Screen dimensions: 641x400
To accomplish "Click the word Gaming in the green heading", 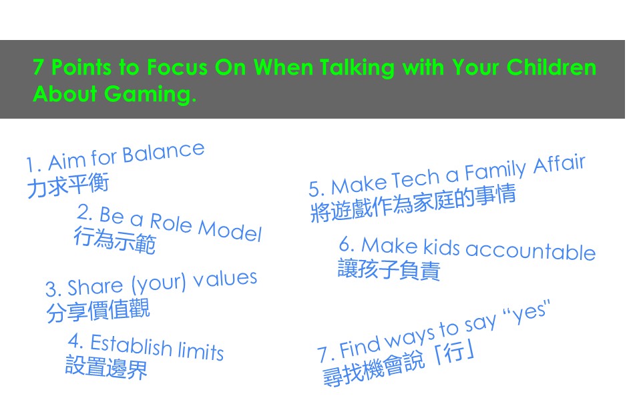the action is pyautogui.click(x=150, y=95).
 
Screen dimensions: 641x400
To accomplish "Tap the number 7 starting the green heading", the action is pyautogui.click(x=38, y=67).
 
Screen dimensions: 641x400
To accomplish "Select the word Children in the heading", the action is pyautogui.click(x=552, y=67).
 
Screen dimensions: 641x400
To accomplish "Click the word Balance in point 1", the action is pyautogui.click(x=164, y=153).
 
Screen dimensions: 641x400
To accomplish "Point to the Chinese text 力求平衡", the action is pyautogui.click(x=68, y=185).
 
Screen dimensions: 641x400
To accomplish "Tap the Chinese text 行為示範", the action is pyautogui.click(x=115, y=241).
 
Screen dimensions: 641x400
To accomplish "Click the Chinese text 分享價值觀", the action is pyautogui.click(x=98, y=311).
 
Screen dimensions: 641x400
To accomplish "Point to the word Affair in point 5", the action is pyautogui.click(x=560, y=164).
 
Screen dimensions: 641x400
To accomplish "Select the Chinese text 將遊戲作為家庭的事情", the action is pyautogui.click(x=413, y=203).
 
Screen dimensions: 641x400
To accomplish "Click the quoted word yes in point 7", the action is pyautogui.click(x=529, y=312).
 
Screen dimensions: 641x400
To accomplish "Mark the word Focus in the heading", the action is pyautogui.click(x=177, y=67).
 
